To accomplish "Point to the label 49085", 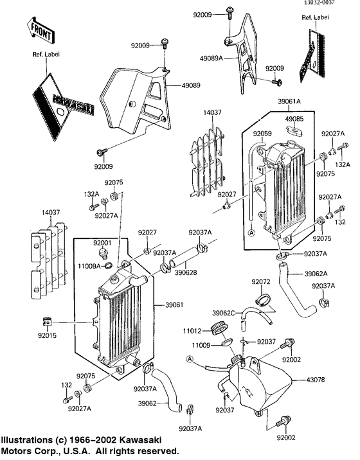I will pos(295,119).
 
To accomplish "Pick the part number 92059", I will pos(262,134).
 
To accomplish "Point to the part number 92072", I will pos(260,281).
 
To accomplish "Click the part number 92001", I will pos(102,243).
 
